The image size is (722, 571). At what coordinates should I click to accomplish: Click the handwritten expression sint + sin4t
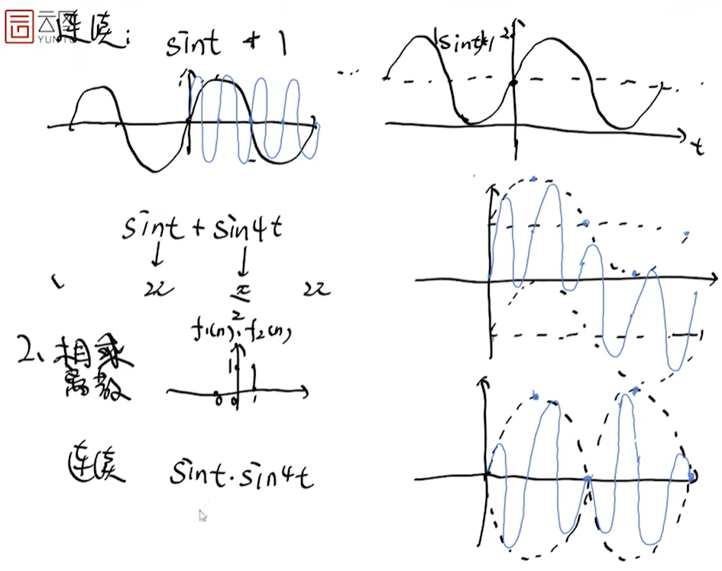coord(201,228)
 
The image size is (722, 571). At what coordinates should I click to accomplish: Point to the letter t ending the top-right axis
coord(698,146)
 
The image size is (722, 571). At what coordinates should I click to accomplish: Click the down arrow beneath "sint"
coord(157,255)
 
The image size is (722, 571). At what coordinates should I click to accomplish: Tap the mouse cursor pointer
coord(202,515)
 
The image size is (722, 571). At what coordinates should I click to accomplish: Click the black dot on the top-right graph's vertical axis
coord(514,82)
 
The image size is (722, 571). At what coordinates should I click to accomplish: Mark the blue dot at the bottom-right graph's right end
coord(691,476)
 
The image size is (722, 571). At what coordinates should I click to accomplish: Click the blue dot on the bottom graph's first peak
coord(536,396)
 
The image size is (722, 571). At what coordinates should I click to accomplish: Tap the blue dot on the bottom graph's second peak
coord(635,390)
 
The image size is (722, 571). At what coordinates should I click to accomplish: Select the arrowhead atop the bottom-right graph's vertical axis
coord(481,381)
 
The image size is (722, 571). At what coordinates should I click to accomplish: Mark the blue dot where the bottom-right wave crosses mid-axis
coord(587,479)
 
